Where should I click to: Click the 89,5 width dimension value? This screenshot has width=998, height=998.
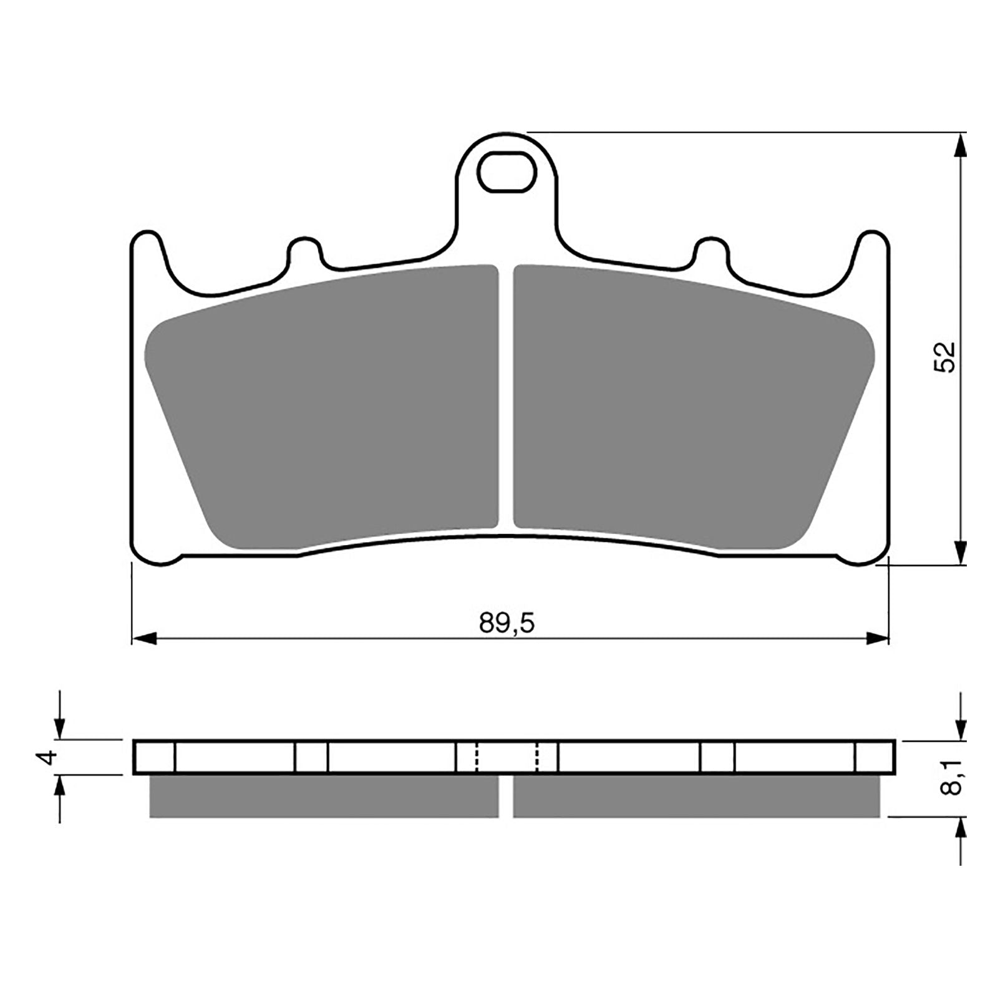point(506,623)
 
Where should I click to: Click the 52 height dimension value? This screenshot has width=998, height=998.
point(944,357)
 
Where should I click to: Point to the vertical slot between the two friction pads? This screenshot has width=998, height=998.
point(506,399)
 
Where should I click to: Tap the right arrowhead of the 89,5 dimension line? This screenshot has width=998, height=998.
point(877,639)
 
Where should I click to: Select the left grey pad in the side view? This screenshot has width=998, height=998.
point(324,797)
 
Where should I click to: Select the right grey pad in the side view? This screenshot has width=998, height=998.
point(697,797)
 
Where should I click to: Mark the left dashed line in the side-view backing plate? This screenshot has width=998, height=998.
point(477,758)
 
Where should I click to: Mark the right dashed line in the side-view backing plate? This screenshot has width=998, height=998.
point(536,758)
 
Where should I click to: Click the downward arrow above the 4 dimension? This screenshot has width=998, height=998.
point(59,727)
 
